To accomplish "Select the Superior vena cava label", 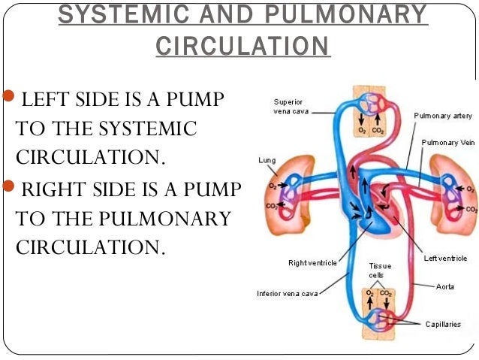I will coord(288,106).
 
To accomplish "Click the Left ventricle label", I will coord(445,258).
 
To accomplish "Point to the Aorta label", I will coord(445,286).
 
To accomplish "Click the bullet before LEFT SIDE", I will coord(9,98).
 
